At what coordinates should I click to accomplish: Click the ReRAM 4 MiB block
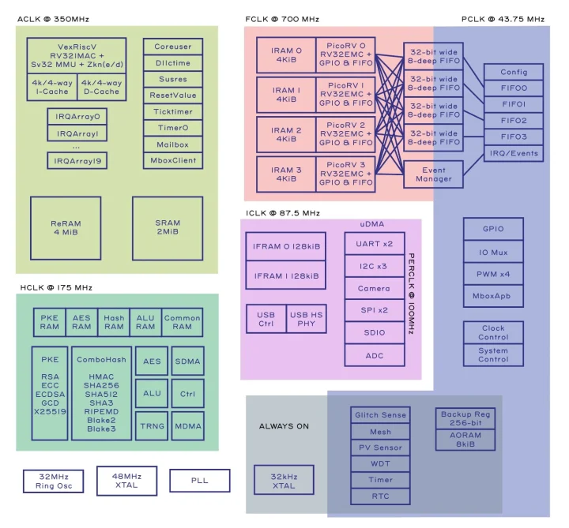click(x=66, y=228)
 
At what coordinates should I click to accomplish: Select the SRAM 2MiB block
click(x=168, y=228)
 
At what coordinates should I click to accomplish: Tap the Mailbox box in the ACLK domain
click(x=172, y=144)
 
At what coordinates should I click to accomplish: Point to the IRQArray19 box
click(x=77, y=160)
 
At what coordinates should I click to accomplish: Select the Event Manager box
click(x=433, y=174)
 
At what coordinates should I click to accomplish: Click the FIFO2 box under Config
click(x=513, y=121)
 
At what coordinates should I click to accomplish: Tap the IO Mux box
click(x=493, y=253)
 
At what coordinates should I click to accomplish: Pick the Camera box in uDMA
click(x=374, y=289)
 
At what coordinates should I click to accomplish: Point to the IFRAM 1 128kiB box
click(x=285, y=275)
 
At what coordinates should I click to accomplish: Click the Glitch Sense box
click(x=380, y=415)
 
